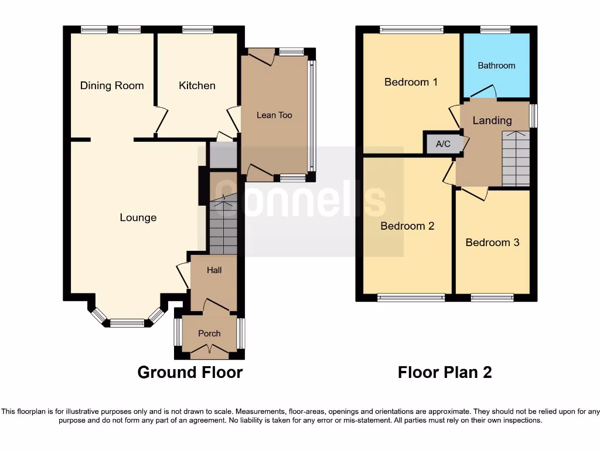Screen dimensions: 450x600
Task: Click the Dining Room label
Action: click(x=112, y=86)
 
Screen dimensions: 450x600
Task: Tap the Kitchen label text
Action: click(x=197, y=86)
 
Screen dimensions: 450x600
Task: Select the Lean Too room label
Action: click(x=274, y=115)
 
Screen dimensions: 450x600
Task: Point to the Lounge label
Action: click(x=138, y=217)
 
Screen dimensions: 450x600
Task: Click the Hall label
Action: click(x=213, y=271)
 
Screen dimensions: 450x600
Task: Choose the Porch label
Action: click(x=209, y=333)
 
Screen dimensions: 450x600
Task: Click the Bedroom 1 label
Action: click(x=411, y=82)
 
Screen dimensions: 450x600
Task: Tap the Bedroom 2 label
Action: click(x=407, y=226)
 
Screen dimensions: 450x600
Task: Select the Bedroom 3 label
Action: click(x=492, y=242)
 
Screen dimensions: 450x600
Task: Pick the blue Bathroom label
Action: click(x=496, y=66)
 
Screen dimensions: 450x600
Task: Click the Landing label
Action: click(x=492, y=120)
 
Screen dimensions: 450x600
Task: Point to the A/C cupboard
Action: click(x=443, y=144)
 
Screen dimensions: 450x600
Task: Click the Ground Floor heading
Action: click(x=190, y=372)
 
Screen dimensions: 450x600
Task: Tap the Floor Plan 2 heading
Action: click(x=445, y=372)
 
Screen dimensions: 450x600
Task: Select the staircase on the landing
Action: click(x=516, y=158)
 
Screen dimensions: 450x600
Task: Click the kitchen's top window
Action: click(x=197, y=29)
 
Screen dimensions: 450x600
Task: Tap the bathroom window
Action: click(x=495, y=29)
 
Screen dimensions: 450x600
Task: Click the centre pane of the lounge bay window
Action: click(x=127, y=322)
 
